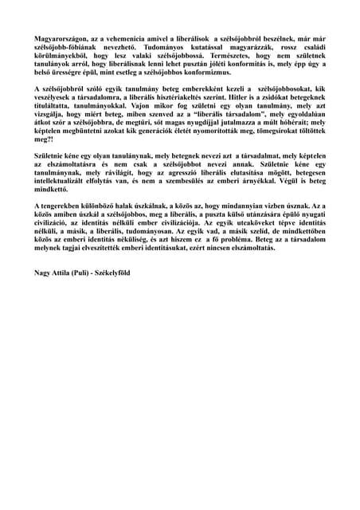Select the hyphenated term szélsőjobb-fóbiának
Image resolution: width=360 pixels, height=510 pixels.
click(x=63, y=47)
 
